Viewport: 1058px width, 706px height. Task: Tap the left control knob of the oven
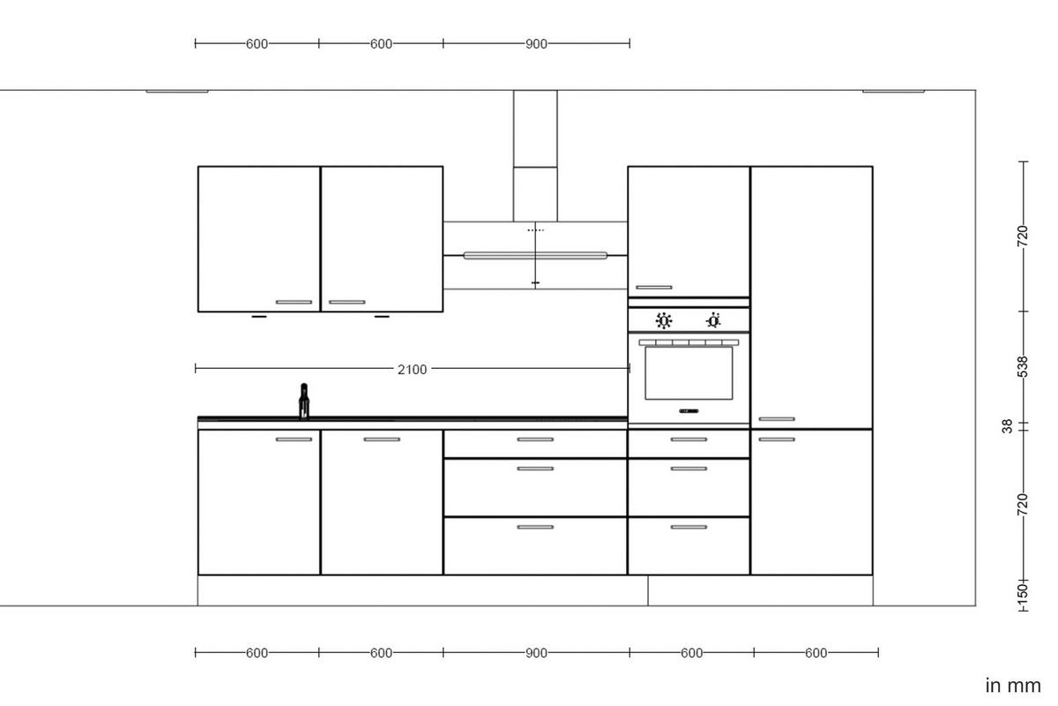coord(664,320)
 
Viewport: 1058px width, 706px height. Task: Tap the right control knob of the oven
coord(713,320)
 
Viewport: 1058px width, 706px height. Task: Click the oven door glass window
coord(689,372)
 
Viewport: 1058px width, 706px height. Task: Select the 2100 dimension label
coord(412,370)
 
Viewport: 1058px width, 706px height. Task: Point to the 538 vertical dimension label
coord(1023,366)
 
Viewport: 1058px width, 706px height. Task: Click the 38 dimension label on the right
coord(1007,426)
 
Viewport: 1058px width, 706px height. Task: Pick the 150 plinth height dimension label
coord(1023,590)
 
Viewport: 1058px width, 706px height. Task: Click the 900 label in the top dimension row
coord(536,43)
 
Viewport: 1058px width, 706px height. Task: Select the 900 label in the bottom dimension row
coord(536,653)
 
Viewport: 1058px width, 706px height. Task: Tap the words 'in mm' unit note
coord(1013,686)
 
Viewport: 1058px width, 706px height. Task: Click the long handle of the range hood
coord(535,256)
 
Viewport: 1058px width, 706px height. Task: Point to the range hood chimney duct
coord(535,154)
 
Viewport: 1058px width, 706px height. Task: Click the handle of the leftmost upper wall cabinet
coord(294,302)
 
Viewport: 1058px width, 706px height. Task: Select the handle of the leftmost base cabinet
coord(294,439)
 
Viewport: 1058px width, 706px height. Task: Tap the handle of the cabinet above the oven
coord(653,287)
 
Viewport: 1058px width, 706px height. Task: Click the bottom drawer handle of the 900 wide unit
coord(535,527)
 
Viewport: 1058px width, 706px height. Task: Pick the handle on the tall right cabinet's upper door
coord(776,419)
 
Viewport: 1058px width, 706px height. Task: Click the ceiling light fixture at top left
coord(177,90)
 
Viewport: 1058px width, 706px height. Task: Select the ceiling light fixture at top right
coord(893,90)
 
